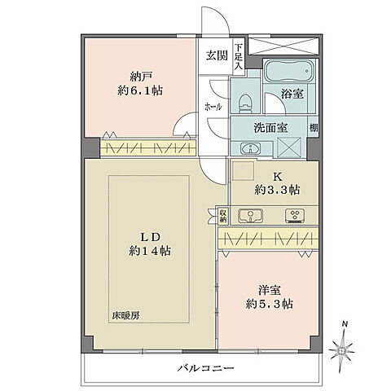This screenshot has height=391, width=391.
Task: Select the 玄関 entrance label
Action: [216, 55]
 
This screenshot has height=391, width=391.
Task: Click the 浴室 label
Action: [293, 94]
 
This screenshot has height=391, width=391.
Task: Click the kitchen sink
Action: [253, 216]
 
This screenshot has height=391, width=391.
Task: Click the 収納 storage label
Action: [222, 216]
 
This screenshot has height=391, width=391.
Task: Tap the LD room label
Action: [147, 236]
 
